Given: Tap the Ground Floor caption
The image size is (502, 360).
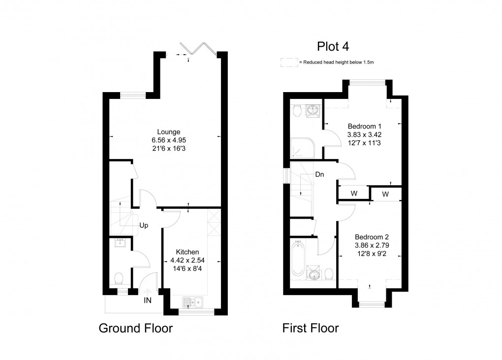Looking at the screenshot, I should (x=136, y=328).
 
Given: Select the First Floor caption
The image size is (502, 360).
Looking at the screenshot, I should (x=310, y=328).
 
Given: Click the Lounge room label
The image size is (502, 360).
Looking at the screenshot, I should (x=169, y=132).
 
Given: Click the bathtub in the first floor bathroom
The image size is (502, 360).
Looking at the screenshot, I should (x=298, y=258).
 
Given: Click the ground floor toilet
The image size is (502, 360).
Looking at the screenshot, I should (x=118, y=279).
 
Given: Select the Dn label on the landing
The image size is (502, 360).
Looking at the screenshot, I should (x=319, y=174).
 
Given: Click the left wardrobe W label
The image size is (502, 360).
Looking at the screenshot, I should (x=353, y=194).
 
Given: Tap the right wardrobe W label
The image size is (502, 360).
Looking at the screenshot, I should (x=385, y=194).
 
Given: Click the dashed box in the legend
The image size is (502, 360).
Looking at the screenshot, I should (x=288, y=63).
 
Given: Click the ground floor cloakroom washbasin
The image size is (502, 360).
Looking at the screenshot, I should (x=121, y=242).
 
